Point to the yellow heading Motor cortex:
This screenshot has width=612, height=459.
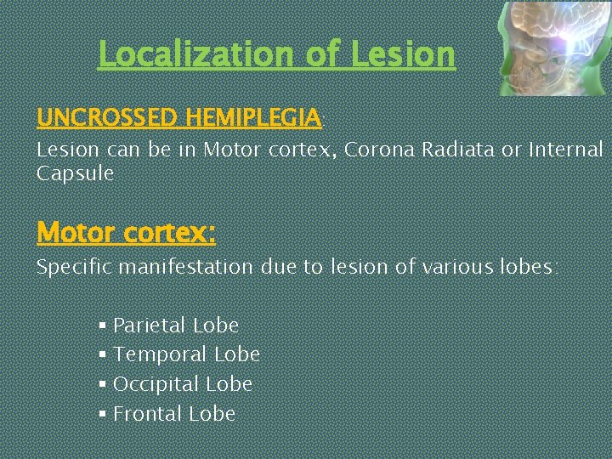(x=126, y=231)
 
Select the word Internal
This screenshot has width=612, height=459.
(x=565, y=150)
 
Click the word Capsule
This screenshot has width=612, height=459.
(x=75, y=174)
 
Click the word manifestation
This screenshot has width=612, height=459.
(x=186, y=267)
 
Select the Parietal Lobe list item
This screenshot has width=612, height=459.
(x=175, y=326)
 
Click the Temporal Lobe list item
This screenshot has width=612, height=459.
(x=186, y=354)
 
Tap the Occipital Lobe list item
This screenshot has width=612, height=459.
(x=183, y=384)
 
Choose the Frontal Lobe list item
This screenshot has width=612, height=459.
(x=174, y=414)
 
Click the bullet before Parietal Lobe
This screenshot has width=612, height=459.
(x=102, y=326)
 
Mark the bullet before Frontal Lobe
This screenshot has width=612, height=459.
(x=102, y=414)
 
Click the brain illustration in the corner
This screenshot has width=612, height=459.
(x=552, y=48)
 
